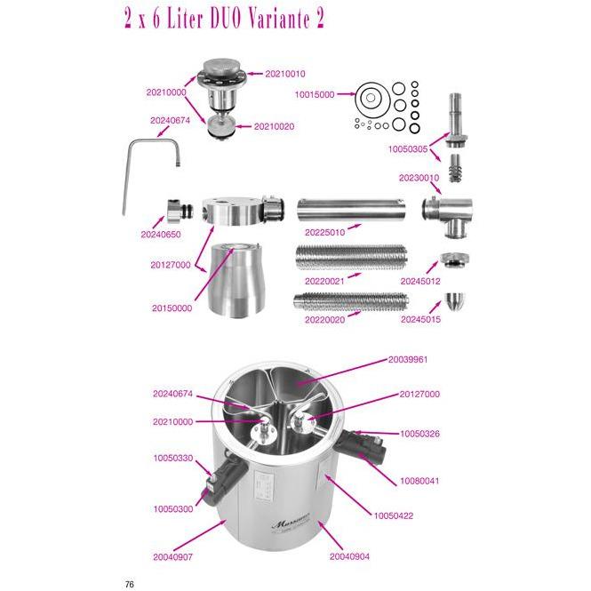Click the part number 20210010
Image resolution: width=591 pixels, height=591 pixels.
[285, 74]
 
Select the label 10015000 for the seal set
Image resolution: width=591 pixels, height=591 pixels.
[315, 94]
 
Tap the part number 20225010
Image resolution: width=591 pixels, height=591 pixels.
[324, 232]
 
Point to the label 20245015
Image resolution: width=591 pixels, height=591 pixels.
[420, 319]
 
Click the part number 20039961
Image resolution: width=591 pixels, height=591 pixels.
[408, 359]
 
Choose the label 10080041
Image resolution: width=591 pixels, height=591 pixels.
[419, 481]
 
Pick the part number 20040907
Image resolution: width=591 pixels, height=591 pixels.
[173, 556]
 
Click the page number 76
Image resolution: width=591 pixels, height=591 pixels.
[129, 584]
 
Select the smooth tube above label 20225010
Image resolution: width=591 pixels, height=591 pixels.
[351, 211]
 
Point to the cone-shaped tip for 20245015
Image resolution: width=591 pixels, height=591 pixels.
[455, 300]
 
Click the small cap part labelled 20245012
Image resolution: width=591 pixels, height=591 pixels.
[454, 260]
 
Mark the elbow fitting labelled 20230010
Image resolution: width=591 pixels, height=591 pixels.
[448, 215]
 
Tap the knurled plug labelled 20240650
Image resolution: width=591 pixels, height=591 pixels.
[180, 212]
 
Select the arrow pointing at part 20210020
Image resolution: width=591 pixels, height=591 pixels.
[243, 126]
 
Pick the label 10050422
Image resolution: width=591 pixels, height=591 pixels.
[393, 515]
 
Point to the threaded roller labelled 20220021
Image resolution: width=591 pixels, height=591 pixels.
[351, 257]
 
